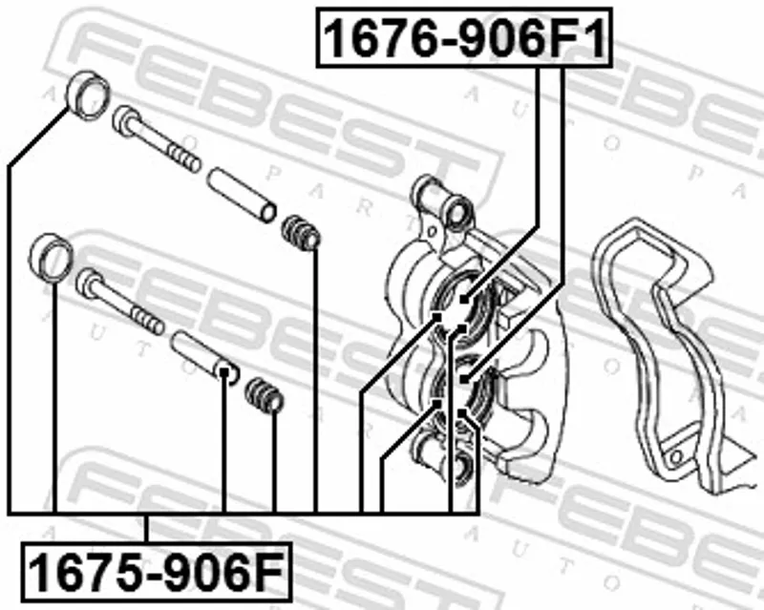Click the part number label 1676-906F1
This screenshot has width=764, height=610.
[x=464, y=37]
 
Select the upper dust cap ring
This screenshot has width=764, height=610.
[x=88, y=95]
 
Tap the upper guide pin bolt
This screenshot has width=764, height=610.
[x=156, y=139]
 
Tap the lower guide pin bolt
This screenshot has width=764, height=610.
[x=120, y=301]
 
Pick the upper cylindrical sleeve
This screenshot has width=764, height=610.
[x=242, y=195]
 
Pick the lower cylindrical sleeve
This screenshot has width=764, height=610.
[x=205, y=357]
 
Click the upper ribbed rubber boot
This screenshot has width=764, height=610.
[x=301, y=233]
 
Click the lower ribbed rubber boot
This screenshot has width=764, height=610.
[x=265, y=395]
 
